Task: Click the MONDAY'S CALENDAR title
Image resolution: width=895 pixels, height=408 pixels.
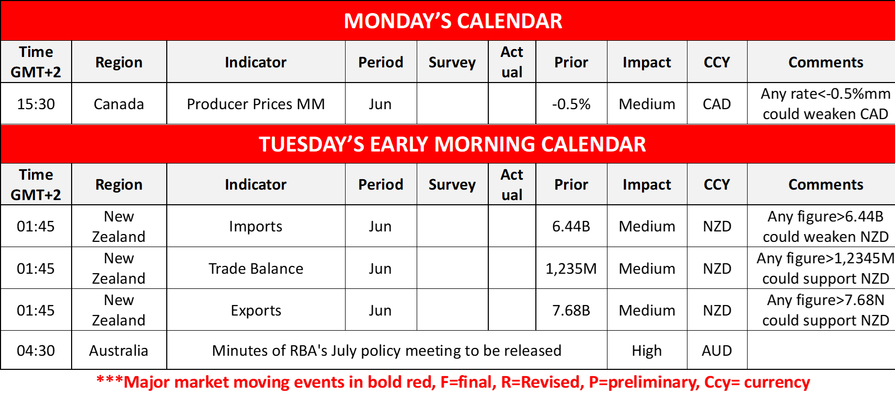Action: coord(453,21)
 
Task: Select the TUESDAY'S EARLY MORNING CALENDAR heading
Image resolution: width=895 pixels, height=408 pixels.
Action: coord(452,144)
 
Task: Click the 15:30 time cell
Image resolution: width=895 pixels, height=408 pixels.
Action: coord(36,104)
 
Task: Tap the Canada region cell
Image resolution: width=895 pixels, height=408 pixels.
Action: coord(119,104)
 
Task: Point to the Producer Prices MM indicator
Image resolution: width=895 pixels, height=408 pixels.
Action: coord(256,104)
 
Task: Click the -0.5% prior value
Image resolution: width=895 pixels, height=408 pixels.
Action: coord(571,104)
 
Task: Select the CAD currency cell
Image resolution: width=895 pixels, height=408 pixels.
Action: coord(717,104)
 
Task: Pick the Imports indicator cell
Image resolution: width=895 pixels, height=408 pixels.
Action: coord(256,227)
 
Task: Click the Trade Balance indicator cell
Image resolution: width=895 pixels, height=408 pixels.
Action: coord(256,269)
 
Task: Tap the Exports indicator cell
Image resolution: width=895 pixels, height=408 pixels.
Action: coord(256,311)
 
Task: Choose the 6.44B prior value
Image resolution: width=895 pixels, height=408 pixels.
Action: coord(571,227)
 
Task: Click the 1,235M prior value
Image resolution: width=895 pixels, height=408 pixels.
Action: coord(571,269)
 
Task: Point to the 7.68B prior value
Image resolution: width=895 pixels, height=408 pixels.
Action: coord(571,311)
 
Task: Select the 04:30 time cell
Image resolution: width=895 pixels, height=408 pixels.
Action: coord(36,351)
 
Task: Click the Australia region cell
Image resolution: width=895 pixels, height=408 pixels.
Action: coord(119,351)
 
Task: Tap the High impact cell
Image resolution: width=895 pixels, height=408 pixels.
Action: coord(647,351)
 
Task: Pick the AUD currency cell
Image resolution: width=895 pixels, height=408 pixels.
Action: coord(717,351)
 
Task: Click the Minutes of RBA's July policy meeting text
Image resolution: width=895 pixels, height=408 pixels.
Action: coord(386,351)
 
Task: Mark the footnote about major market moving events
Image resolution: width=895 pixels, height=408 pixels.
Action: coord(453,382)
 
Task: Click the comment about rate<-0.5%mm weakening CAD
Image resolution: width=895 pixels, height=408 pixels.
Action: coord(825,104)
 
